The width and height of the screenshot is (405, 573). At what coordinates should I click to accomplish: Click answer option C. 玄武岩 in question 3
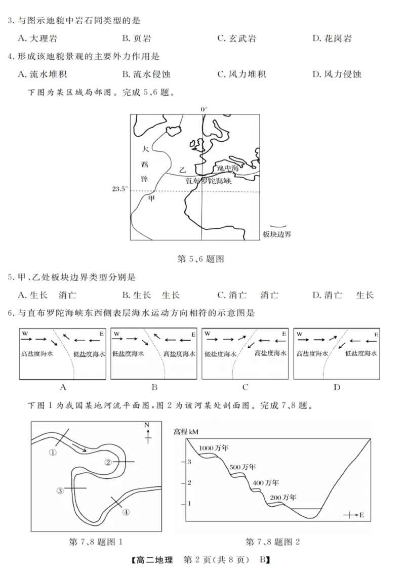[x=236, y=38]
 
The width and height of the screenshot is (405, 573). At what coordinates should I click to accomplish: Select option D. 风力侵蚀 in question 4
[x=336, y=74]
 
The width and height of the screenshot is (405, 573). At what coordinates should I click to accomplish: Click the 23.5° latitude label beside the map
[x=119, y=189]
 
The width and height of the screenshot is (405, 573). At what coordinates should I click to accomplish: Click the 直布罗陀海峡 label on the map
[x=208, y=180]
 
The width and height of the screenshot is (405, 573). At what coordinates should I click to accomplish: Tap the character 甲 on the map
[x=151, y=198]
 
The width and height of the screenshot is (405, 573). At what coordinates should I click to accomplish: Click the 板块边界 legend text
[x=277, y=233]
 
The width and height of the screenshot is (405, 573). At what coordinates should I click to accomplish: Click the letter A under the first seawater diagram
[x=63, y=388]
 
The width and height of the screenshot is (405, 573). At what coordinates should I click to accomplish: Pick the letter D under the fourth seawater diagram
[x=337, y=388]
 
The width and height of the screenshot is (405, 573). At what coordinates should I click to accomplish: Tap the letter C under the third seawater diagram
[x=245, y=388]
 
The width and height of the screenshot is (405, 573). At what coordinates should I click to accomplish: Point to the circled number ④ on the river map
[x=126, y=512]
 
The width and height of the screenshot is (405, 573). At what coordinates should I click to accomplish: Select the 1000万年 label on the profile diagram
[x=214, y=448]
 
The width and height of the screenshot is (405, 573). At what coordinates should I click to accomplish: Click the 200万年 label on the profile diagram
[x=282, y=497]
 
